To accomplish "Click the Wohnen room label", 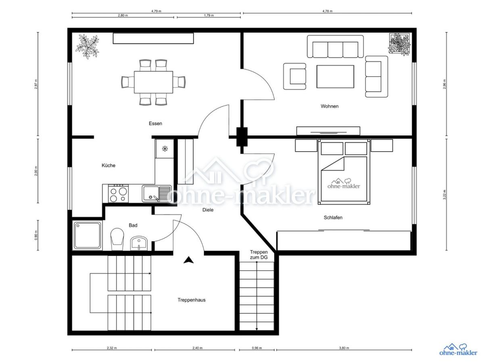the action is click(330, 106).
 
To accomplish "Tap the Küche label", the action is click(108, 165).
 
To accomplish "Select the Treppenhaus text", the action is click(192, 300).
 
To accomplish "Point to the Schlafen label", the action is click(333, 217).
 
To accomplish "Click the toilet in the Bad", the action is click(117, 239).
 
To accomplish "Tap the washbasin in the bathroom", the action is click(139, 243).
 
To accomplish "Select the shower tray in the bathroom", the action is click(88, 236).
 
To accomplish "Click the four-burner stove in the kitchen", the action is click(119, 193).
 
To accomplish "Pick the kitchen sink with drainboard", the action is click(156, 194).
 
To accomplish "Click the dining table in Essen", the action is click(154, 82).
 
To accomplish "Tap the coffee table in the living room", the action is click(335, 77).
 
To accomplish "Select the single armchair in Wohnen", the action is click(294, 76).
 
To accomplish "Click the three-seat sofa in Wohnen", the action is click(335, 46).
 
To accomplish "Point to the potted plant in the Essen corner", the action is click(87, 46).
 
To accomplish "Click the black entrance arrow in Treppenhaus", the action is click(188, 260).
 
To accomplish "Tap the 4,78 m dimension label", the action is click(328, 11).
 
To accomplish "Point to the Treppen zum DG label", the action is click(259, 255).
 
